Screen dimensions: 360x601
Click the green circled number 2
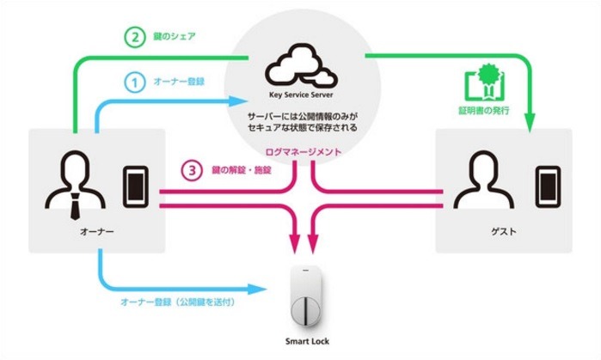[x=134, y=38]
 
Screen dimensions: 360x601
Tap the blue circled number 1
[x=134, y=82]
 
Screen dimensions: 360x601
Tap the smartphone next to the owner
[x=135, y=183]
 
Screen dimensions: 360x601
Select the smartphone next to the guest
[x=546, y=183]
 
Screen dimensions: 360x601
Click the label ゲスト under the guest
[x=501, y=233]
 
